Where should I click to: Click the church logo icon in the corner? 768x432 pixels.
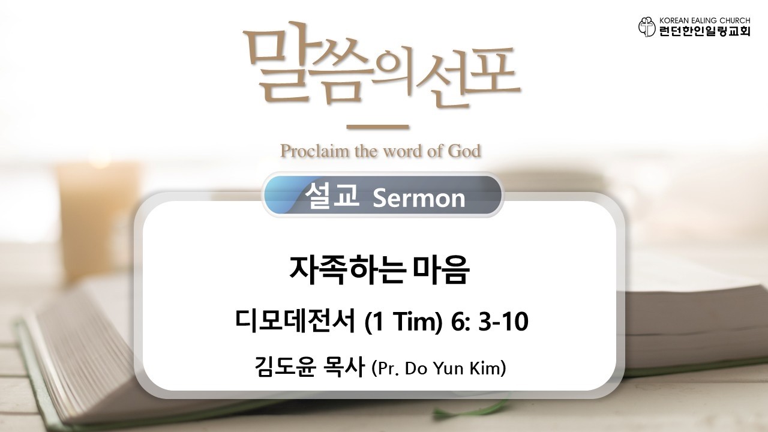tap(647, 26)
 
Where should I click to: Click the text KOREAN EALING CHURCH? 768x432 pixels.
tap(704, 20)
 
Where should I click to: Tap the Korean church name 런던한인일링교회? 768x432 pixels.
tap(704, 31)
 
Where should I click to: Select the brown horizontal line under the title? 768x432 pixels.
tap(377, 127)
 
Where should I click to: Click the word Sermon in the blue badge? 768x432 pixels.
tap(419, 198)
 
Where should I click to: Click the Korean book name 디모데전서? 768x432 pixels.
tap(295, 322)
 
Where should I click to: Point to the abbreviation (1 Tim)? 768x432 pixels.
tap(403, 323)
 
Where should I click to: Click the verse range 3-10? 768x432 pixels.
tap(503, 322)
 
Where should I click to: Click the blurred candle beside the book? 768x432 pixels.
tap(98, 220)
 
